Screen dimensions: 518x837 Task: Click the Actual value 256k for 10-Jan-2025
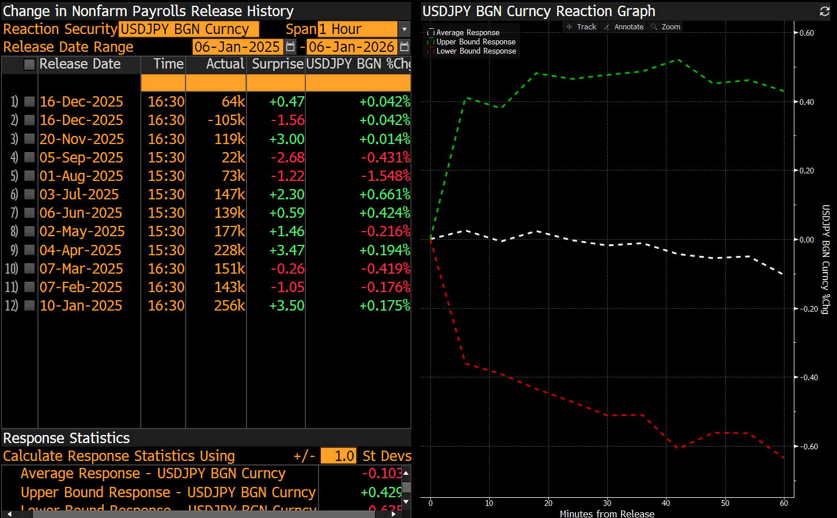click(229, 305)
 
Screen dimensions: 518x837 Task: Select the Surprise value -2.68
click(287, 157)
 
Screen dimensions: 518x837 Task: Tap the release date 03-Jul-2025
click(79, 194)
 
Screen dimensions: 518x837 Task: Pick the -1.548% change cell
click(385, 176)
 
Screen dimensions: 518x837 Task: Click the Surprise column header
click(277, 64)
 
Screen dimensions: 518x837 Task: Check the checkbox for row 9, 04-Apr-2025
click(29, 250)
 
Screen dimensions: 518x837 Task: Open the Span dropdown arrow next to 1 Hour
click(404, 29)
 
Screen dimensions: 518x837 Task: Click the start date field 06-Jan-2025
click(237, 47)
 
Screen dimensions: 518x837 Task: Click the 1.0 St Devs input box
click(338, 456)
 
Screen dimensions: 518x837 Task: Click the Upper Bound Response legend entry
click(475, 42)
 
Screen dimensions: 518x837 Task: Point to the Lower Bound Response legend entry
click(475, 51)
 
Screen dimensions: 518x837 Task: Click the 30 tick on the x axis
click(607, 503)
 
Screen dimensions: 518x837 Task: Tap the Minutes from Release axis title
click(607, 513)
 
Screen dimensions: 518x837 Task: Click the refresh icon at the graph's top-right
click(824, 11)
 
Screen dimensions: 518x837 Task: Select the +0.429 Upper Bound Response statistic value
click(380, 492)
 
